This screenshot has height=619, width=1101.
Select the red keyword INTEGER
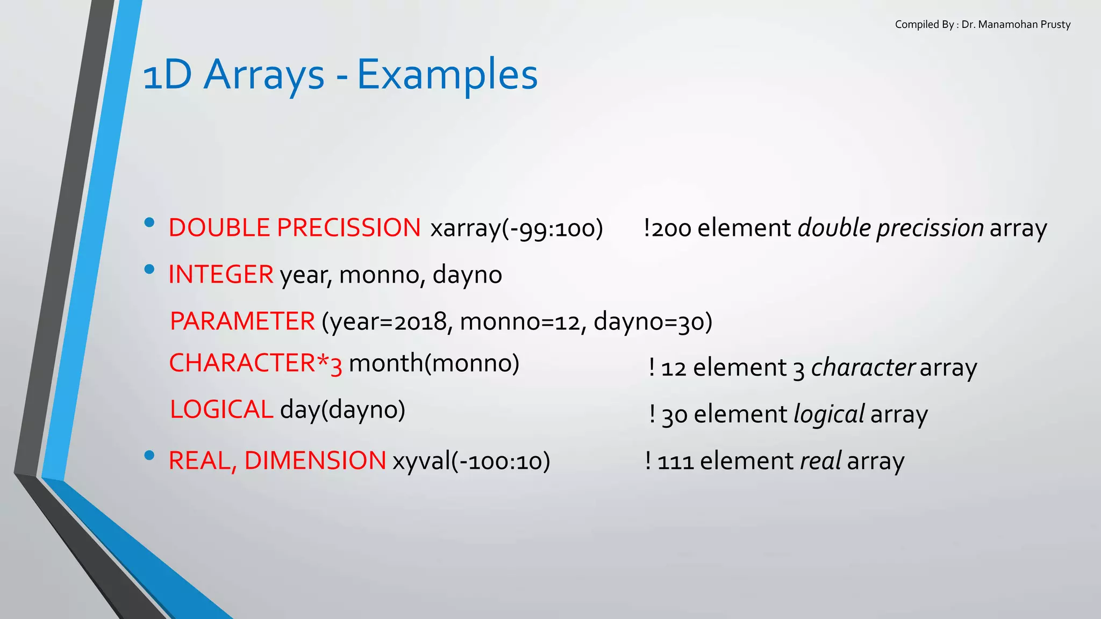tap(221, 275)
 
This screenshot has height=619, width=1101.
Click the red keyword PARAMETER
tap(242, 321)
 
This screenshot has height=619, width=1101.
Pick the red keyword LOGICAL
tap(221, 409)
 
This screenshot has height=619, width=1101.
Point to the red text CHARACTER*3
tap(255, 364)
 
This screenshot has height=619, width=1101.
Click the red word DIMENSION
tap(315, 461)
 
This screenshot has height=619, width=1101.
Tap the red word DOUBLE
tap(220, 228)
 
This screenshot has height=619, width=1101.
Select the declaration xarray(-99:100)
tap(517, 228)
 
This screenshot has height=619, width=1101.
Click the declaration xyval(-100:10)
tap(471, 461)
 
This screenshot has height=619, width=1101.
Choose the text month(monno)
tap(434, 364)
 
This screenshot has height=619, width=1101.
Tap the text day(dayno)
tap(342, 410)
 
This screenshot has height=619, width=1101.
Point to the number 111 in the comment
tap(675, 462)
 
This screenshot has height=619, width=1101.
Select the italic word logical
tap(828, 415)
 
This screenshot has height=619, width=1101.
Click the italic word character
tap(862, 368)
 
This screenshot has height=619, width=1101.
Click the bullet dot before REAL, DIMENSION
tap(149, 456)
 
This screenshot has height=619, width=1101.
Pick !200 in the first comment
tap(667, 228)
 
